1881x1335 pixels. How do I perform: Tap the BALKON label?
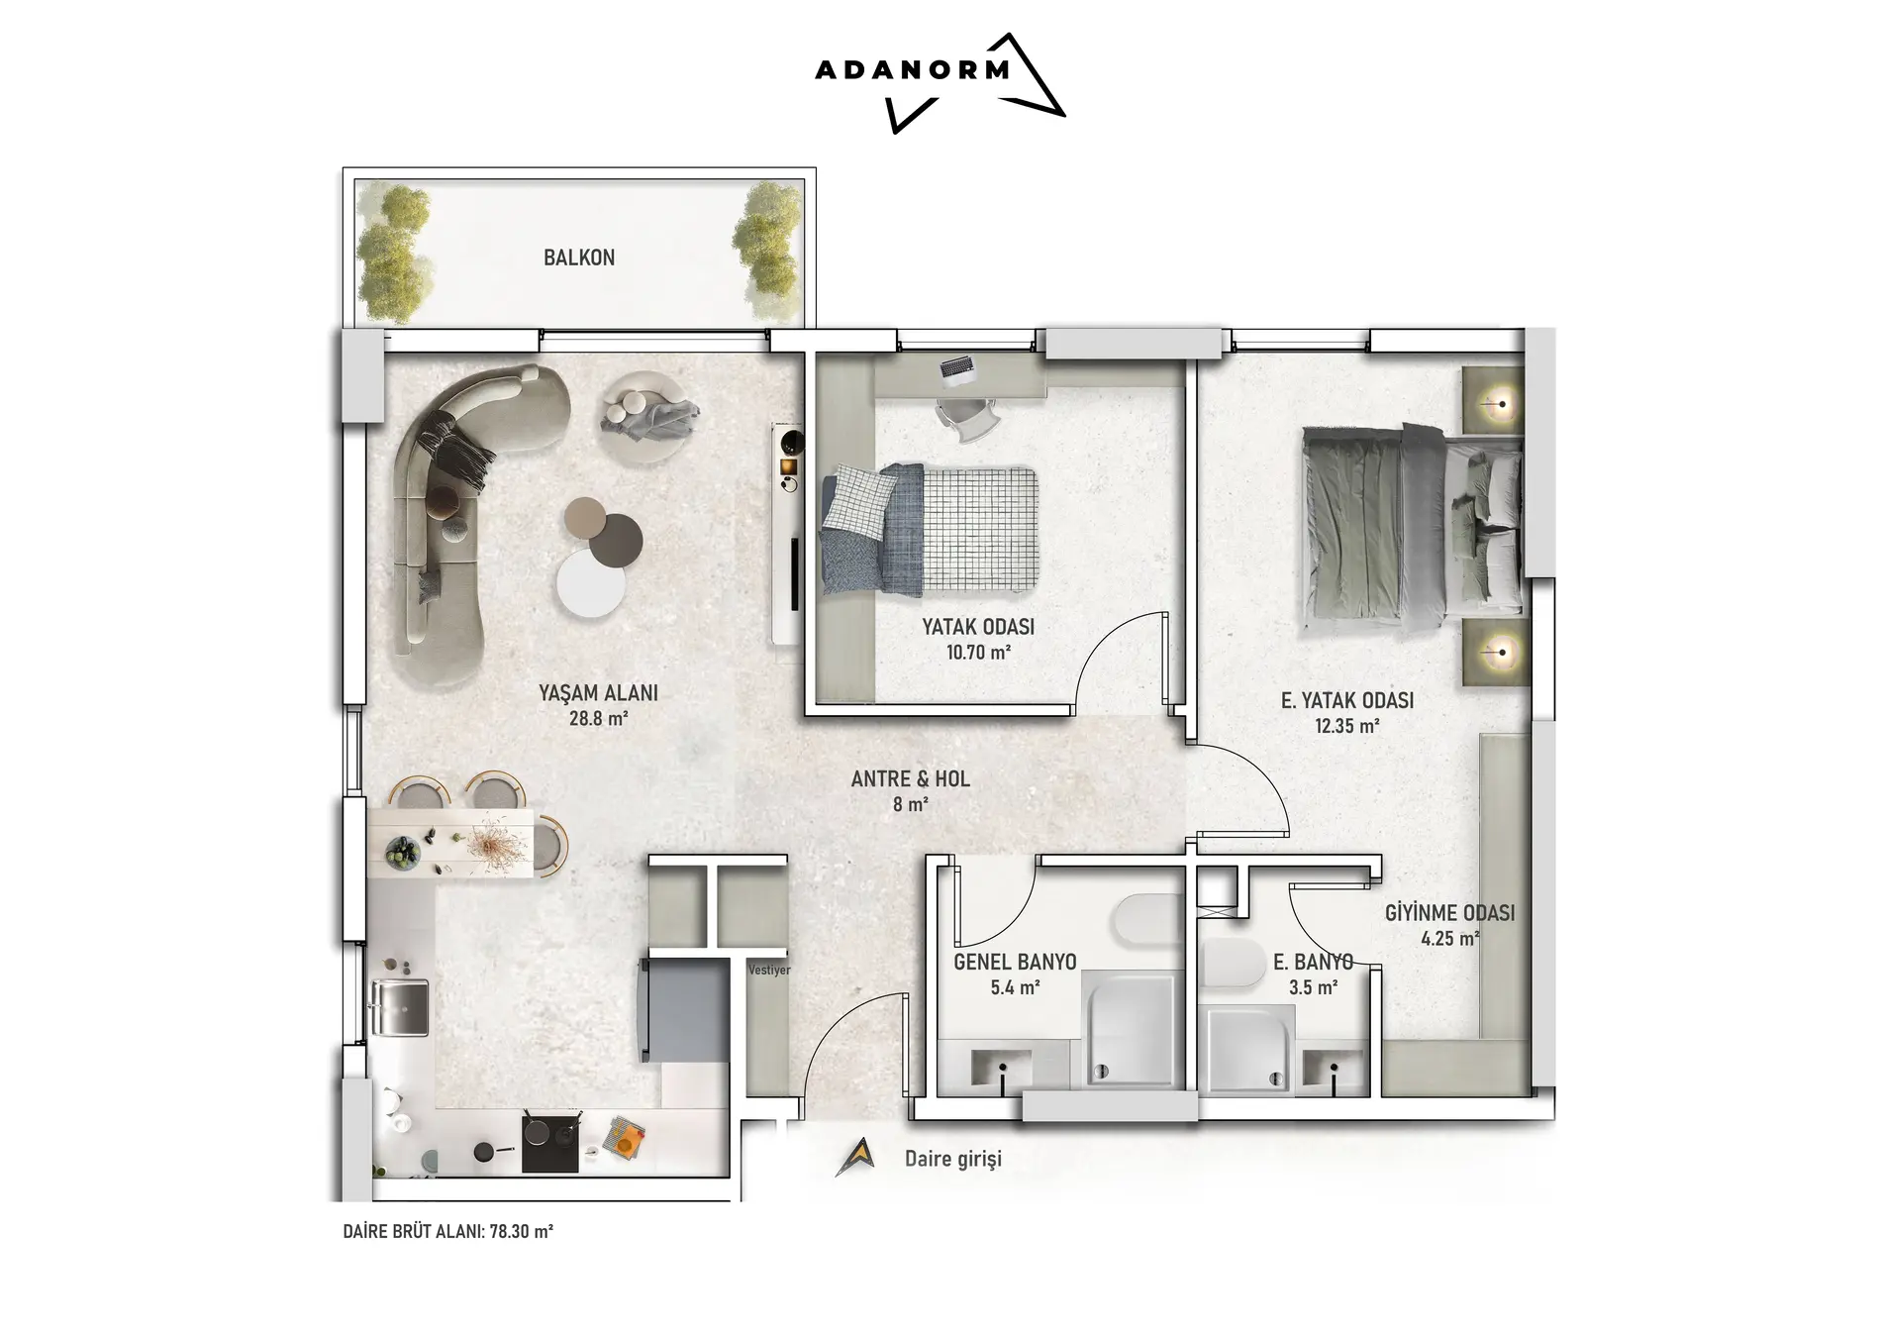579,257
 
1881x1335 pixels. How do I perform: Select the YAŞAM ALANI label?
598,693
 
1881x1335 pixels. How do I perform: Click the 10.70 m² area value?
978,652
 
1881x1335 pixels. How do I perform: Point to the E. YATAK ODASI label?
1346,700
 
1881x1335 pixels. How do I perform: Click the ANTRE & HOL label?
911,779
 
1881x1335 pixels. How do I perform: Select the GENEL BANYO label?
1015,962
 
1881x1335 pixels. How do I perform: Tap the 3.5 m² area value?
1314,986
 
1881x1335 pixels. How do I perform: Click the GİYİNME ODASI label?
1449,912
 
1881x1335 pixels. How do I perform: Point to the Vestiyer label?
769,971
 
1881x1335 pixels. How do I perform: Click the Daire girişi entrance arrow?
854,1156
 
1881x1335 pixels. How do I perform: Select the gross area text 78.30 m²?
522,1232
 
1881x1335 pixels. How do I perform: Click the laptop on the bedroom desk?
957,367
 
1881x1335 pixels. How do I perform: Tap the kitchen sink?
400,1007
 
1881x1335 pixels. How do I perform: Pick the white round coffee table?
590,583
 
